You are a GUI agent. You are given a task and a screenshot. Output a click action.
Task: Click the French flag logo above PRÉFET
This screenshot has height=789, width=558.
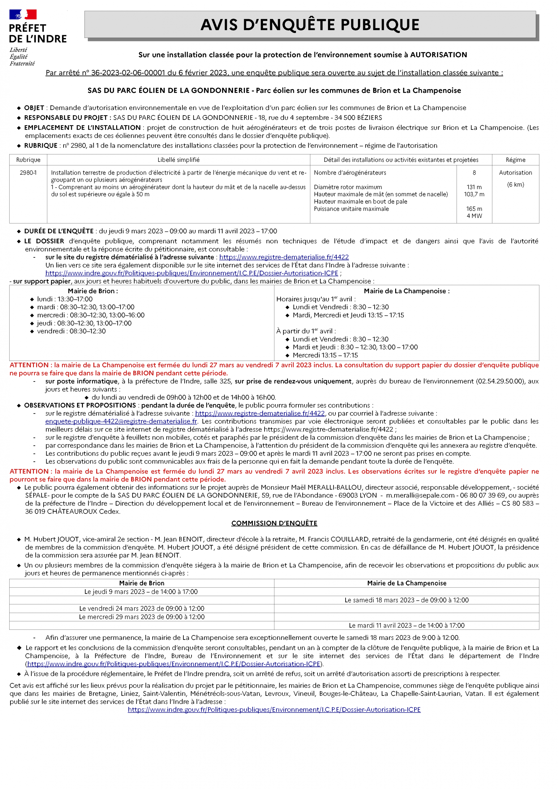23,14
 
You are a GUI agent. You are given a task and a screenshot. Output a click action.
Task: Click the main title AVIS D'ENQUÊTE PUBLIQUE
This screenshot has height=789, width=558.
310,25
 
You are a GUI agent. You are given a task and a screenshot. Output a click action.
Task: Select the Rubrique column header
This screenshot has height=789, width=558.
28,160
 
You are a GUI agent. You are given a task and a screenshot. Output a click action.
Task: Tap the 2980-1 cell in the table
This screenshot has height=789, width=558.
28,173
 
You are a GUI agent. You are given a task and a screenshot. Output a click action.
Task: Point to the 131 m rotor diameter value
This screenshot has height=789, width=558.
474,187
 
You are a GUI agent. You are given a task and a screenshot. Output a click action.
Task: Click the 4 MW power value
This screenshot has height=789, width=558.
474,216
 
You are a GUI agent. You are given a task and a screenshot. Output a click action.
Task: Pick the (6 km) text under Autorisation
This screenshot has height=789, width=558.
515,185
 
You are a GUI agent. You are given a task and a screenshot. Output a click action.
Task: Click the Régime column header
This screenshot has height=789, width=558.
515,160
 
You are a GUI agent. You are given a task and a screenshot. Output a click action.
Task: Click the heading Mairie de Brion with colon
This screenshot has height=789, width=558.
93,291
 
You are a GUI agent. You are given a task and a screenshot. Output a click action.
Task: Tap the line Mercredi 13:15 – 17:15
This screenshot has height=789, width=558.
325,355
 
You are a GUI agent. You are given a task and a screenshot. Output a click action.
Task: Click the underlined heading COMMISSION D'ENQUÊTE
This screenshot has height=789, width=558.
274,523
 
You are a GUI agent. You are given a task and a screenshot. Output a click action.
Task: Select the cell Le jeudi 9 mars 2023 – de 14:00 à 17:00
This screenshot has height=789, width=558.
141,592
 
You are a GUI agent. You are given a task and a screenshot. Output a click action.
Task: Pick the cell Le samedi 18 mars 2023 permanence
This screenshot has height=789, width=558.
406,600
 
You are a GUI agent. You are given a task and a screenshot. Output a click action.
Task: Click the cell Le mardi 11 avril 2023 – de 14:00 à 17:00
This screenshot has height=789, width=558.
406,625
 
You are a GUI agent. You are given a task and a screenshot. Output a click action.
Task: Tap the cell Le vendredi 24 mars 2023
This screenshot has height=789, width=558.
142,609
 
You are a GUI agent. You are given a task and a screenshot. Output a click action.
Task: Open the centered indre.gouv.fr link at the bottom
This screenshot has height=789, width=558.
274,709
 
